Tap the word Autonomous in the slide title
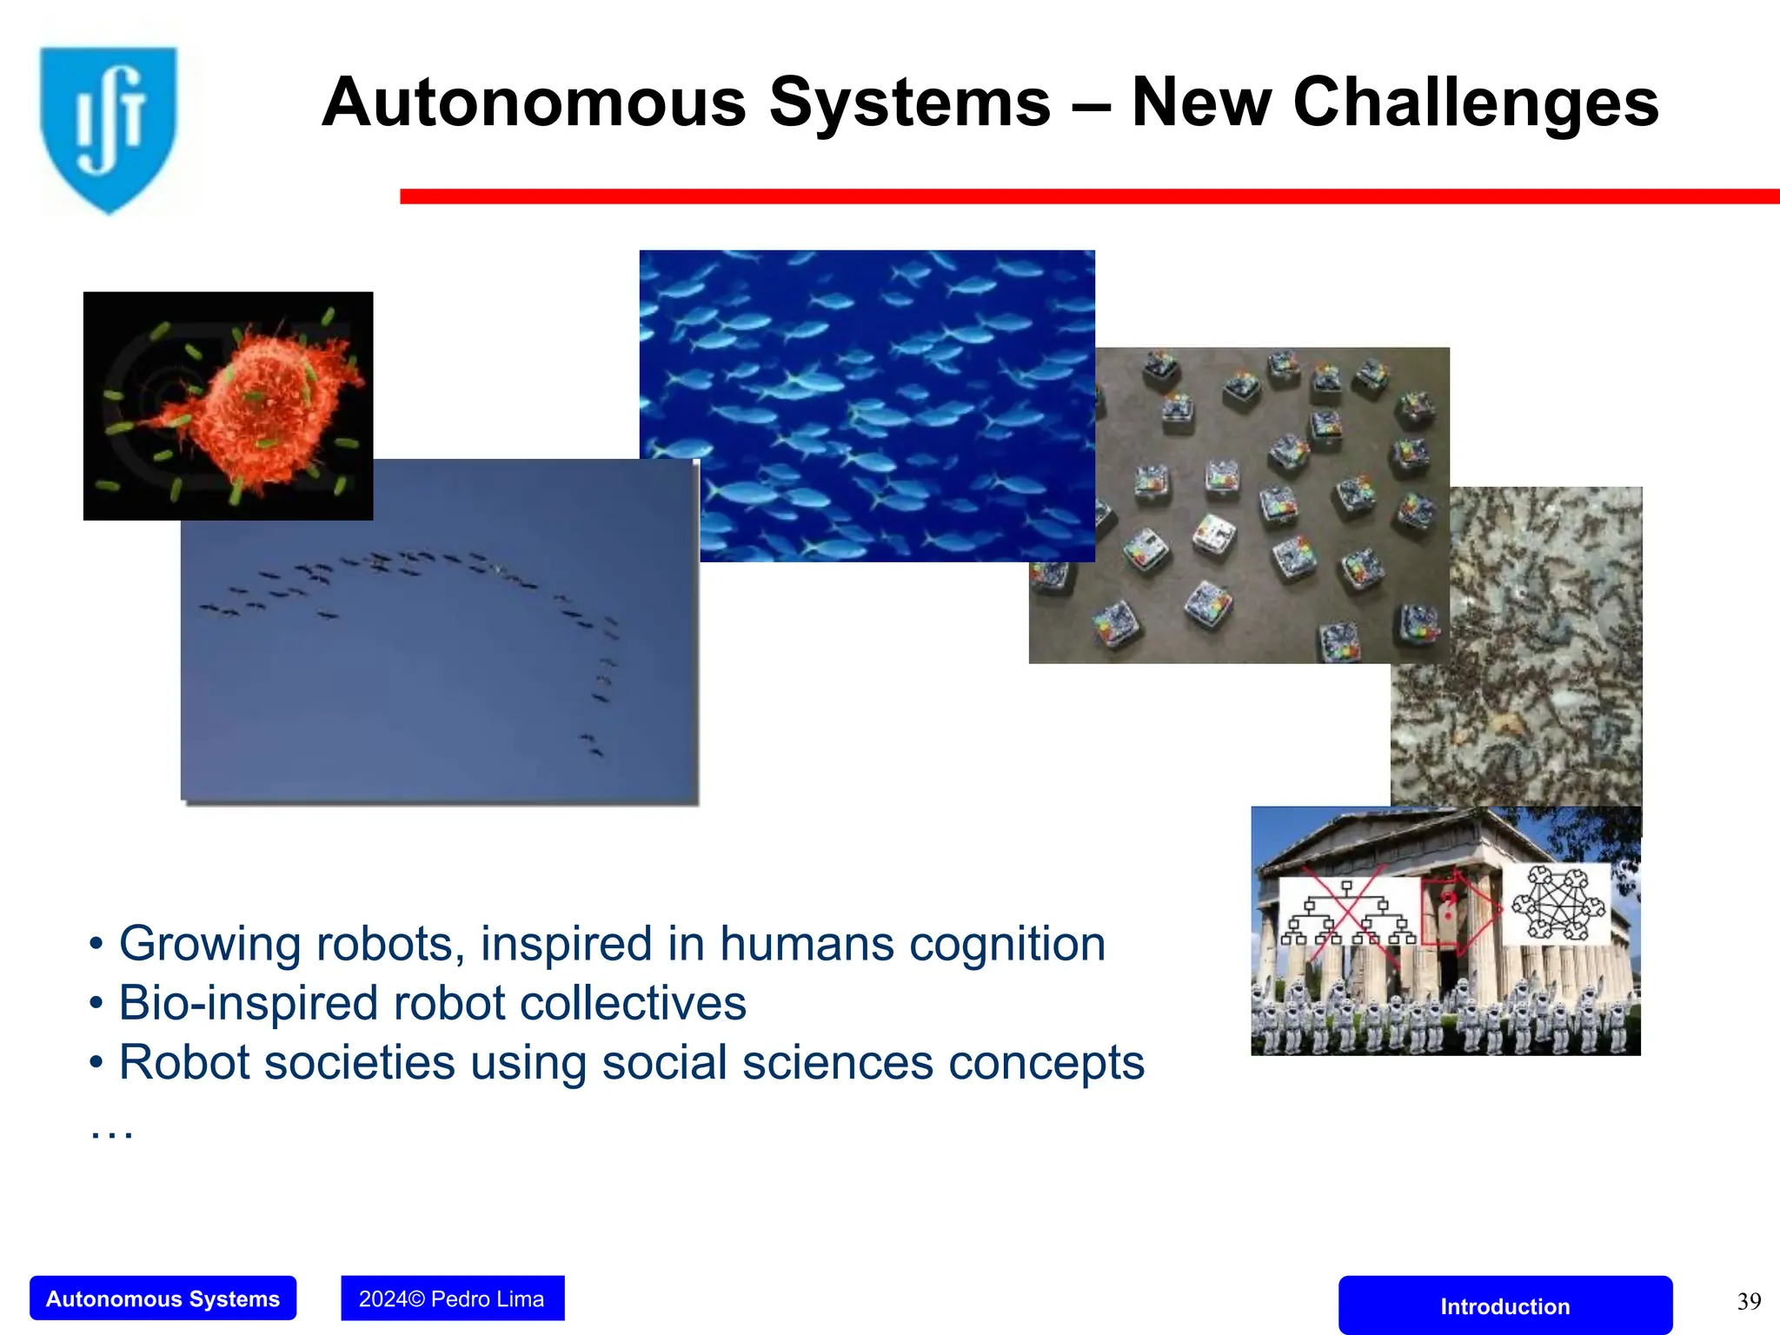[x=534, y=103]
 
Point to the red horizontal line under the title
[x=1086, y=196]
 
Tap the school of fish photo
[x=869, y=382]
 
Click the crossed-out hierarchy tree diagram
[x=1346, y=913]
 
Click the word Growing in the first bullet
[x=209, y=945]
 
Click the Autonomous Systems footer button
[x=163, y=1298]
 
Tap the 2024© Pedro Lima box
[x=452, y=1298]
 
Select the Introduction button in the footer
[x=1504, y=1305]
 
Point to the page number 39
[x=1749, y=1301]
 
